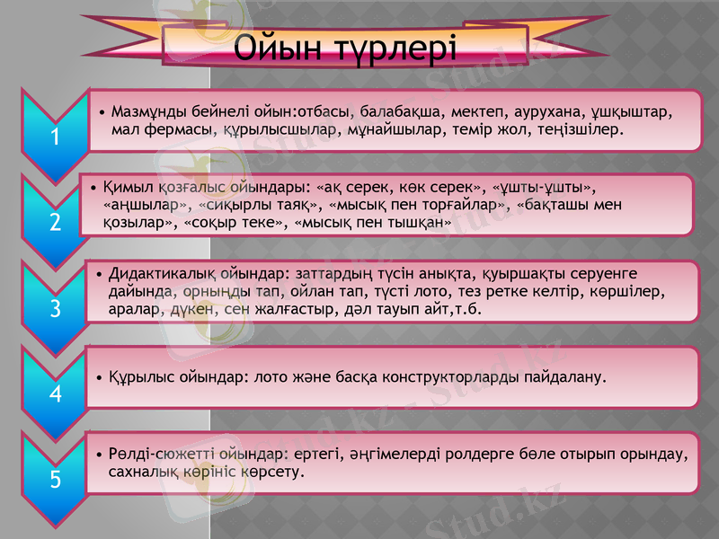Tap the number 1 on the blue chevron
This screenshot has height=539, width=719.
(55, 137)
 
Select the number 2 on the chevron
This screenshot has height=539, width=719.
(55, 222)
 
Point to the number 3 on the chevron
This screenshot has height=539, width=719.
(55, 309)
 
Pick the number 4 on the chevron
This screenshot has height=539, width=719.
(55, 393)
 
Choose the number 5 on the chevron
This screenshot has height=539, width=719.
(55, 480)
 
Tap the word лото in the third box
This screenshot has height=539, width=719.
(438, 291)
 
